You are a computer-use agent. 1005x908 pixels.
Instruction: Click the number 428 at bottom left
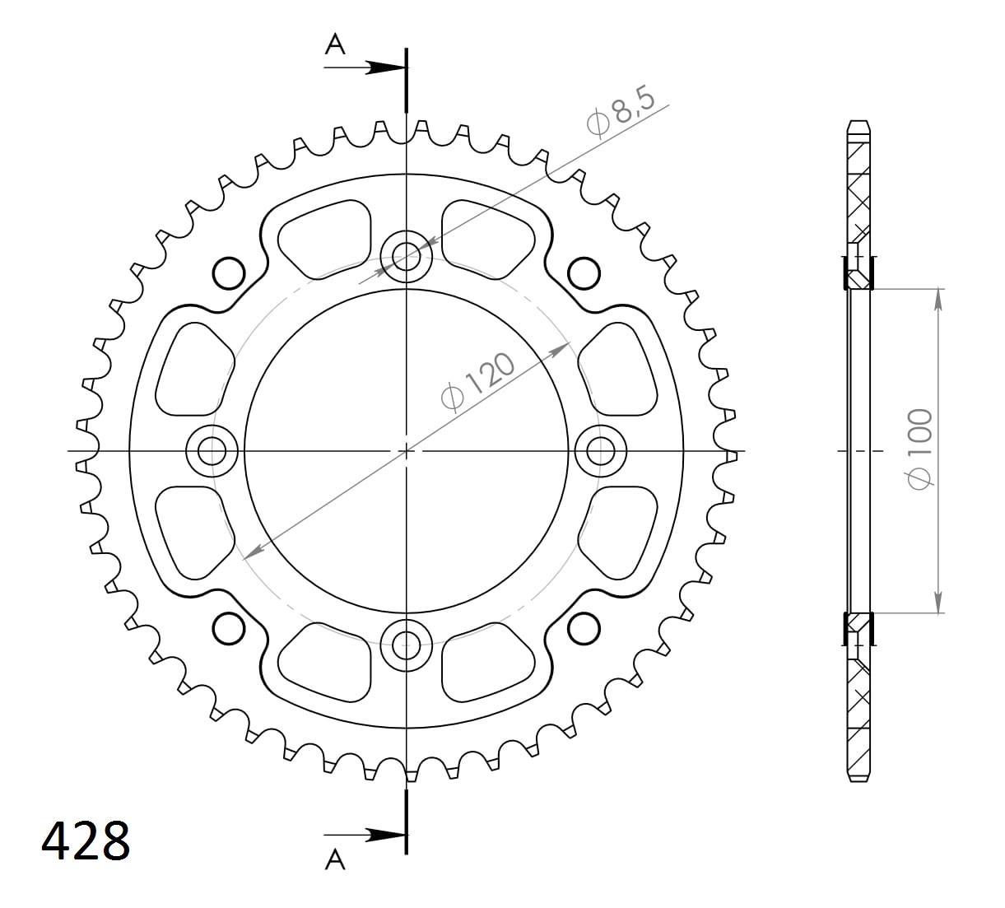pos(86,840)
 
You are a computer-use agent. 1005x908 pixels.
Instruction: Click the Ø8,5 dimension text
pos(621,113)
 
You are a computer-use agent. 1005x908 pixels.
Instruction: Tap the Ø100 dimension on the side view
pos(919,449)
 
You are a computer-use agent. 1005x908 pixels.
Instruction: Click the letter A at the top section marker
pos(335,44)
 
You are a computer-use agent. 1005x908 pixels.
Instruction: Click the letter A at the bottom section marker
pos(335,859)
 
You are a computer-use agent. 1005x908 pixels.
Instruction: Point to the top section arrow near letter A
pos(382,68)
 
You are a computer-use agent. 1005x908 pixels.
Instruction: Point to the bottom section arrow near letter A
pos(382,834)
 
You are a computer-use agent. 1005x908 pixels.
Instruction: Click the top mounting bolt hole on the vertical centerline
pos(406,257)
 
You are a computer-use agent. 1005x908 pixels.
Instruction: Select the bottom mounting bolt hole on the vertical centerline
pos(406,645)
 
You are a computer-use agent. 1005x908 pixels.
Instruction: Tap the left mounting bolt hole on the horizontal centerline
pos(212,450)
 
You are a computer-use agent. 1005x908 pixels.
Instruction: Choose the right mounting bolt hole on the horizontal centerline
pos(601,450)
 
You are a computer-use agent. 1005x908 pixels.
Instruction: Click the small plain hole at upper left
pos(229,272)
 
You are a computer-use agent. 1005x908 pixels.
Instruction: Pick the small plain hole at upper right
pos(584,272)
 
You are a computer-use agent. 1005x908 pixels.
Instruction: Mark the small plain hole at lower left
pos(229,629)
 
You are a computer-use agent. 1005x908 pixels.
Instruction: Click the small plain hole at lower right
pos(584,629)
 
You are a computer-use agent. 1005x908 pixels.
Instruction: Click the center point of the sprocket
pos(406,450)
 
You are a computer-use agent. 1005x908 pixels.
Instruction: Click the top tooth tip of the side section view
pos(858,124)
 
